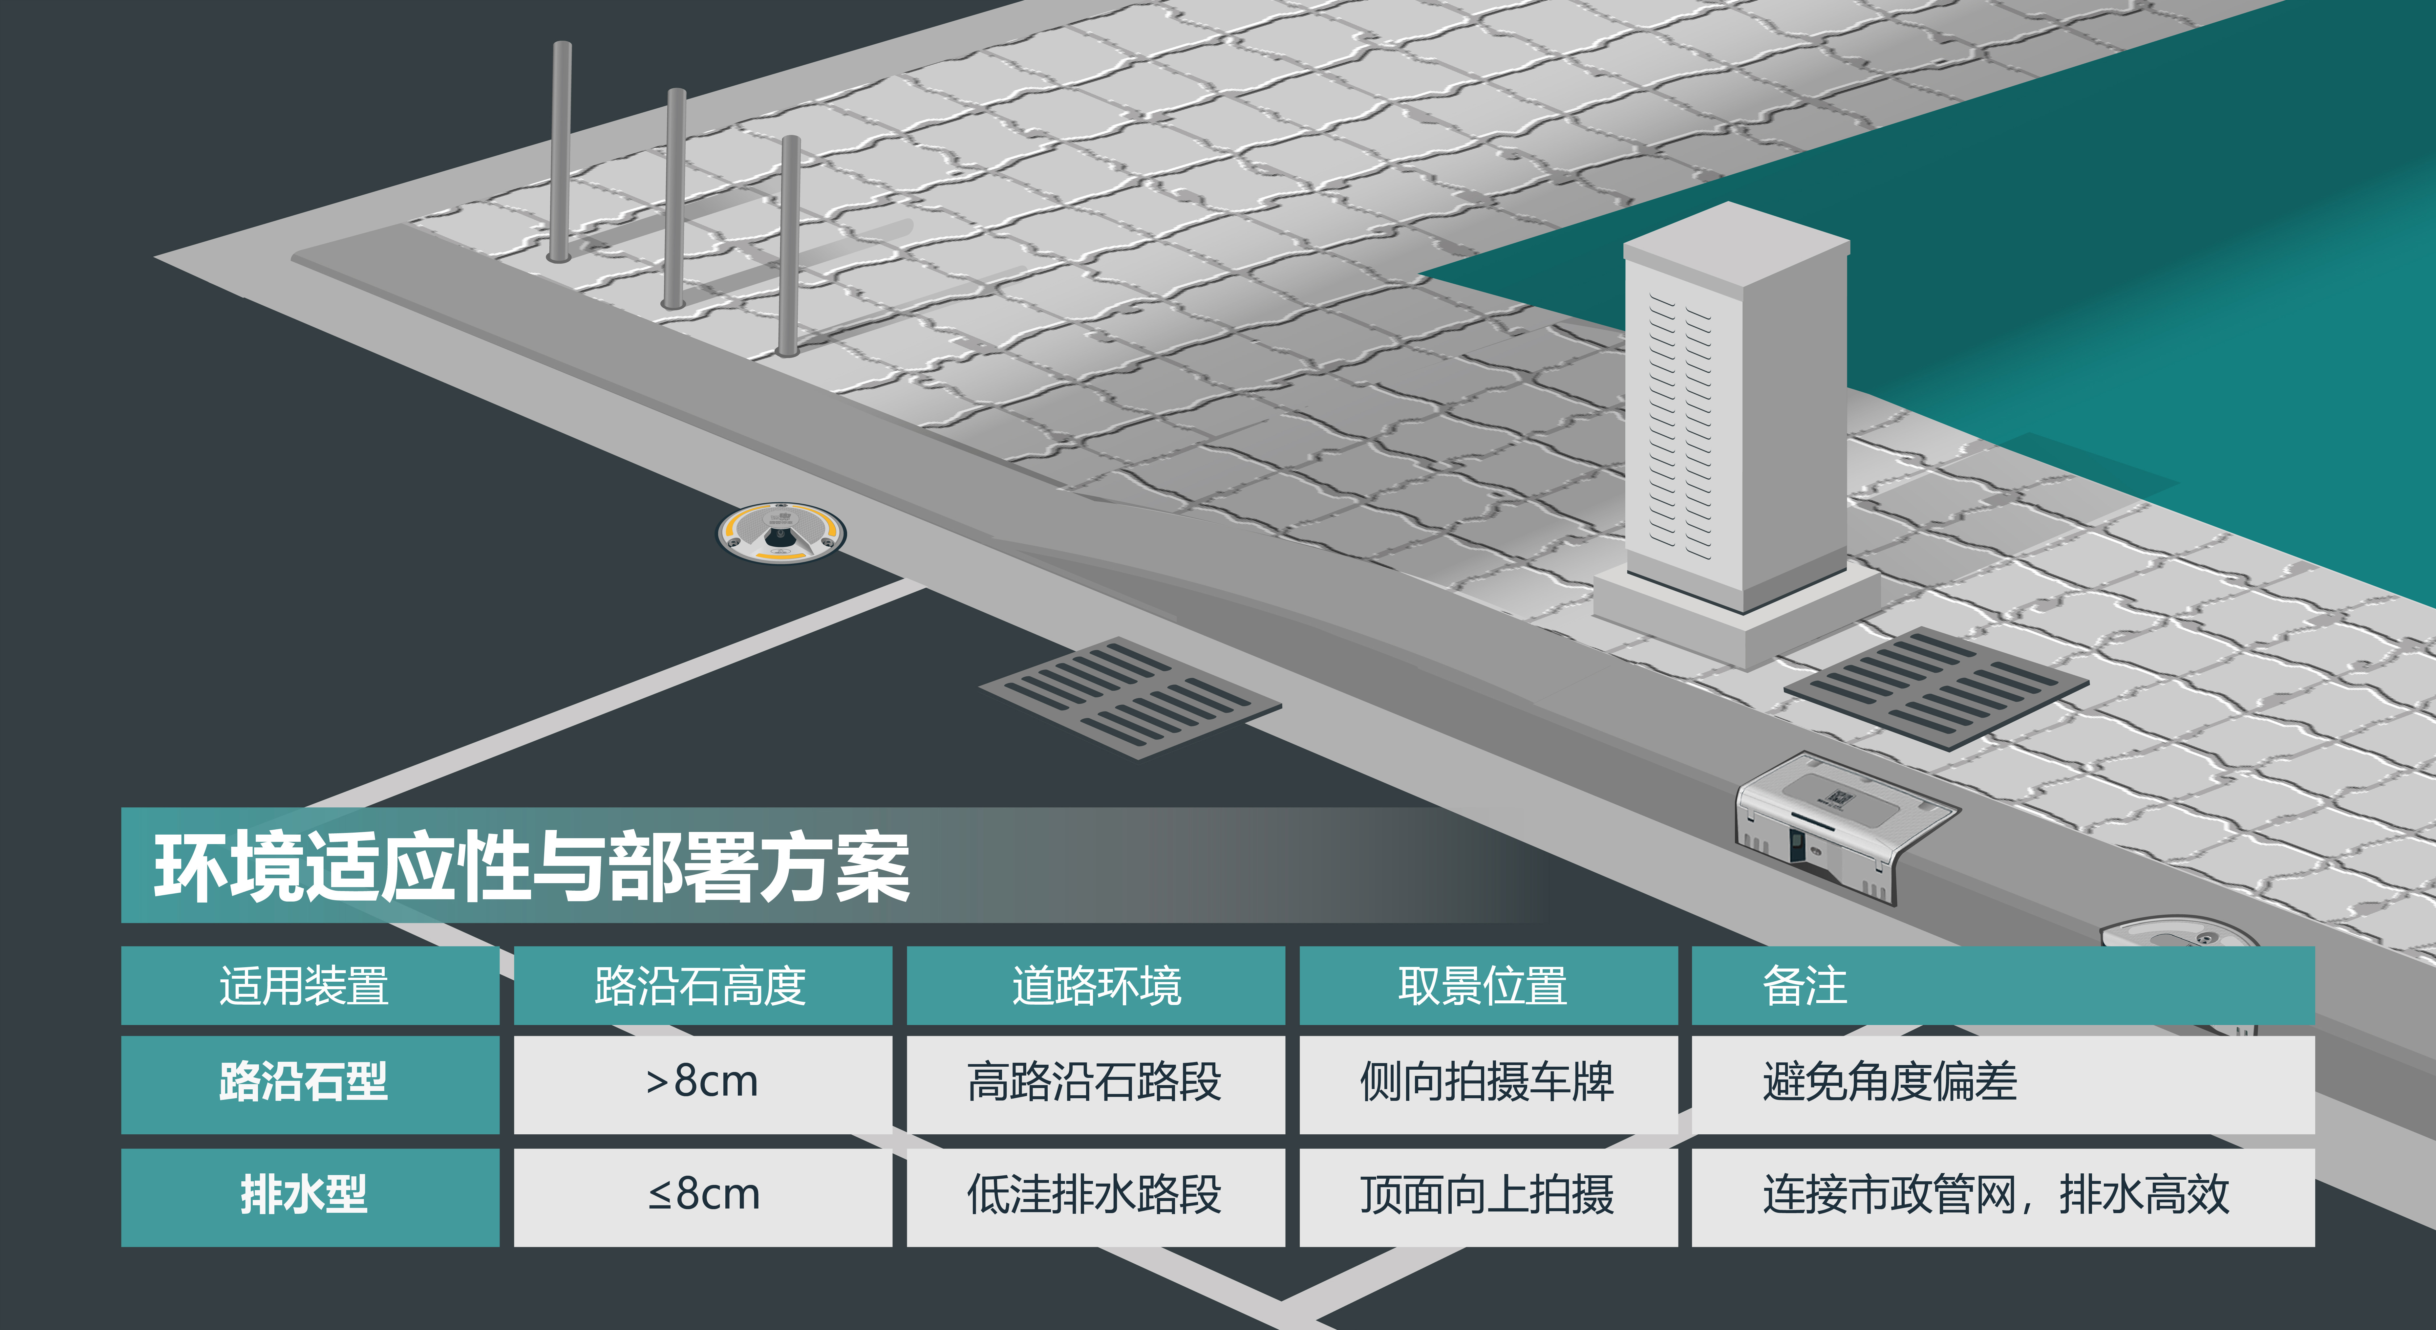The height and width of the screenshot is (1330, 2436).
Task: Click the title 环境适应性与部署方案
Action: coord(531,866)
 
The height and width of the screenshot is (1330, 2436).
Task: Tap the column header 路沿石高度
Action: coord(701,986)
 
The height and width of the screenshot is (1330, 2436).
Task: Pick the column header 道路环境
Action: coord(1096,986)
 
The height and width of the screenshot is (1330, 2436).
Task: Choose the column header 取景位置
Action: coord(1483,986)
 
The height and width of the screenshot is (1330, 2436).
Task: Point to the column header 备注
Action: coord(1804,986)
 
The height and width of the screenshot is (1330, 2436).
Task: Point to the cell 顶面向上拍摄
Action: coord(1486,1195)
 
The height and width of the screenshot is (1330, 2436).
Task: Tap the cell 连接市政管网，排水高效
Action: coord(1995,1195)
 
